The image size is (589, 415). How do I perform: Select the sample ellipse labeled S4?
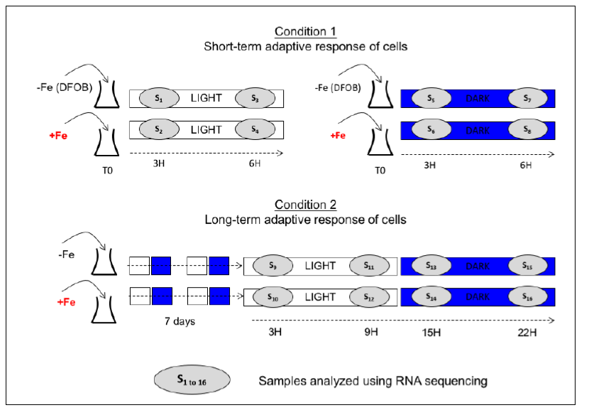[x=254, y=130]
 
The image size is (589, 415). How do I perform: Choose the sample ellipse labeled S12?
[x=370, y=297]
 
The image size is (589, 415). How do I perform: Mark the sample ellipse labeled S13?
[x=431, y=266]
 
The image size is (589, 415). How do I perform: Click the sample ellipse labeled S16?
[x=527, y=297]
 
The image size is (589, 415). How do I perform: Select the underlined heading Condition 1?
[x=306, y=31]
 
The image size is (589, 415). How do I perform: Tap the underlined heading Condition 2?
[x=306, y=205]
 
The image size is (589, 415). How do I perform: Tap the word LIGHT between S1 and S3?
[x=206, y=98]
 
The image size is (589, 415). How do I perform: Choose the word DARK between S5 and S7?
[x=478, y=98]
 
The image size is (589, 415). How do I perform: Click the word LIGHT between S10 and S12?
[x=321, y=297]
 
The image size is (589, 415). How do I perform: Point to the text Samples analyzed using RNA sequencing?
[x=373, y=381]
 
